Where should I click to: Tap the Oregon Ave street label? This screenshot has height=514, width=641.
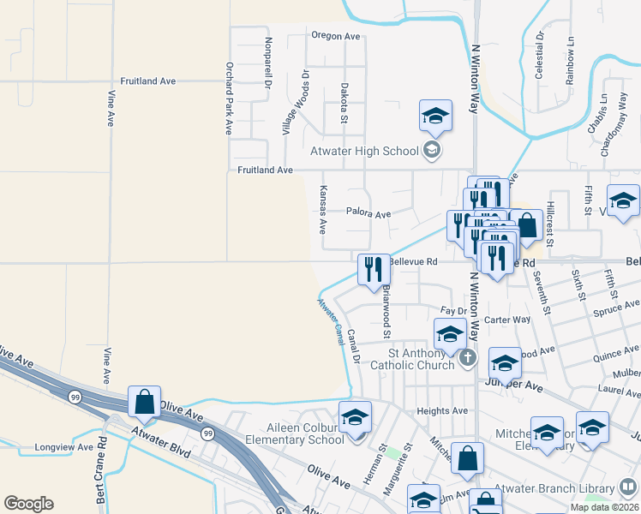(x=335, y=36)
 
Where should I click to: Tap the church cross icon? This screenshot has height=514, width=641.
(x=466, y=357)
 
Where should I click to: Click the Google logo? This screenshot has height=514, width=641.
(x=28, y=504)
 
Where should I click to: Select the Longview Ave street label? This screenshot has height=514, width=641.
(x=63, y=447)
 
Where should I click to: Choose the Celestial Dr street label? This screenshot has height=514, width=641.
(x=540, y=57)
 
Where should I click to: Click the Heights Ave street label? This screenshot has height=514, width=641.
(x=442, y=411)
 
